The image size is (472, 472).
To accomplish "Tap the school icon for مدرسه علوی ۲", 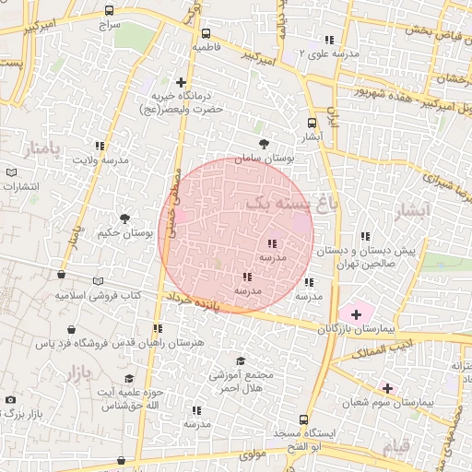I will click(x=330, y=40).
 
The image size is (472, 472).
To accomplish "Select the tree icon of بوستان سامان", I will click(x=265, y=144).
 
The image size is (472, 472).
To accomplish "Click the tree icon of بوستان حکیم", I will click(x=124, y=218).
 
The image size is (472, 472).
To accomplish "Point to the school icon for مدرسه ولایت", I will click(x=100, y=146).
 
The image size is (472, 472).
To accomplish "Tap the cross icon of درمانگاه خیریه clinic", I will click(x=182, y=83).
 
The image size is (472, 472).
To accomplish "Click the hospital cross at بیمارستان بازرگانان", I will click(x=356, y=314).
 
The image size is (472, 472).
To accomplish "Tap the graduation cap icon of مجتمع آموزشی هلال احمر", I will click(x=242, y=360).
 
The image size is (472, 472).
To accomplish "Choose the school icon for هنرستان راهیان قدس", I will click(x=159, y=328).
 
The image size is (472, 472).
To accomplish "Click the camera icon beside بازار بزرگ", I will click(x=10, y=400).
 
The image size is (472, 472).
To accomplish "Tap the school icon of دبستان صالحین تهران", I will click(x=367, y=235).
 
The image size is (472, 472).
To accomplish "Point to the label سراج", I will click(x=111, y=26).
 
